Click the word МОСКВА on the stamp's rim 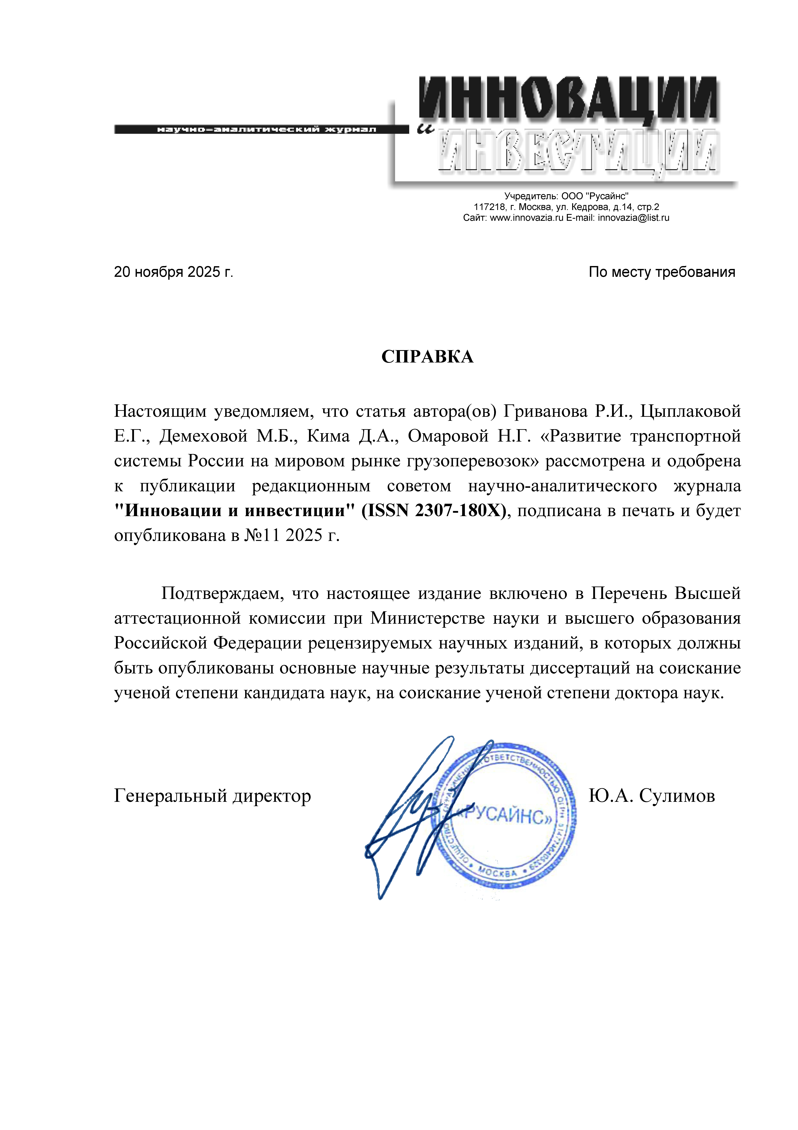coord(498,873)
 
